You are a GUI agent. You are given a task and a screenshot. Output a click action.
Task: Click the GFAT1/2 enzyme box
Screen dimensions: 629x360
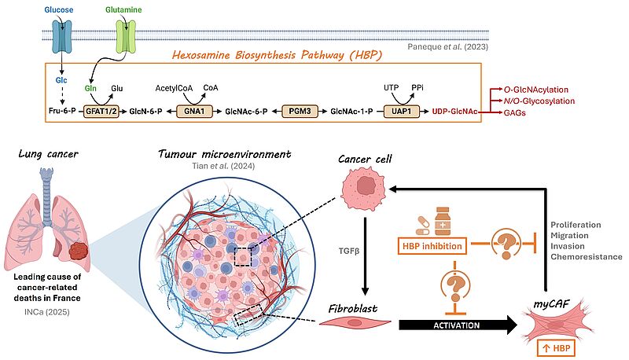pyautogui.click(x=101, y=111)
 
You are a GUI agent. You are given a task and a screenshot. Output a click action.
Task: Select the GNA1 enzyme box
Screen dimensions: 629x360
pyautogui.click(x=194, y=111)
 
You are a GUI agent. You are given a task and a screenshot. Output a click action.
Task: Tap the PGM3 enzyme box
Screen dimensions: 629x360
pyautogui.click(x=300, y=111)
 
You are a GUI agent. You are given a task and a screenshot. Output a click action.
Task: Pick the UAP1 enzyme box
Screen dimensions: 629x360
pyautogui.click(x=401, y=111)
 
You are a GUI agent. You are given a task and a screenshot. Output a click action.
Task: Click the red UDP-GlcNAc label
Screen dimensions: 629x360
pyautogui.click(x=454, y=112)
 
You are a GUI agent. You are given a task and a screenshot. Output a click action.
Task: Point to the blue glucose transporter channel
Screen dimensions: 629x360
pyautogui.click(x=62, y=36)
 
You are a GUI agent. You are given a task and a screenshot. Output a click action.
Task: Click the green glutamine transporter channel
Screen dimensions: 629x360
pyautogui.click(x=127, y=36)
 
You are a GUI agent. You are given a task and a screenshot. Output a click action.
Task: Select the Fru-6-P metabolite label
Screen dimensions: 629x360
pyautogui.click(x=62, y=111)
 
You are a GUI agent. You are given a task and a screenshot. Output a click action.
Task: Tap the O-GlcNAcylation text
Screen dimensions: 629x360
pyautogui.click(x=536, y=90)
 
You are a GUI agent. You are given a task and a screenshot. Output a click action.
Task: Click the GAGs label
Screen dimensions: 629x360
pyautogui.click(x=515, y=112)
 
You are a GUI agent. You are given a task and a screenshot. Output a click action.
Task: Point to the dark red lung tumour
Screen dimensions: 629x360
pyautogui.click(x=78, y=251)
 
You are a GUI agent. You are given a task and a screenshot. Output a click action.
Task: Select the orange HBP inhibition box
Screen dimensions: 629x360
pyautogui.click(x=432, y=246)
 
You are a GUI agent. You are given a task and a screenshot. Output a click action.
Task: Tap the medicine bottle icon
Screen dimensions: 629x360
pyautogui.click(x=443, y=221)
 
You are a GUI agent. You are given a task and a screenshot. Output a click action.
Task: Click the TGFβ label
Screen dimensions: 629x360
pyautogui.click(x=349, y=252)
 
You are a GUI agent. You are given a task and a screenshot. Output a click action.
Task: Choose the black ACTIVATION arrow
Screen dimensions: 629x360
pyautogui.click(x=458, y=325)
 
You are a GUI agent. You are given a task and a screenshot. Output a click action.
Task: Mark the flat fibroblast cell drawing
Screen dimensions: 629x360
pyautogui.click(x=355, y=322)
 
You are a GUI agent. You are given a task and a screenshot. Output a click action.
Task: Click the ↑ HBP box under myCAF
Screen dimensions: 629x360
pyautogui.click(x=556, y=348)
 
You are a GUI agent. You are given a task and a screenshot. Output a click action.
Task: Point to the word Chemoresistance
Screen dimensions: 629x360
pyautogui.click(x=586, y=256)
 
